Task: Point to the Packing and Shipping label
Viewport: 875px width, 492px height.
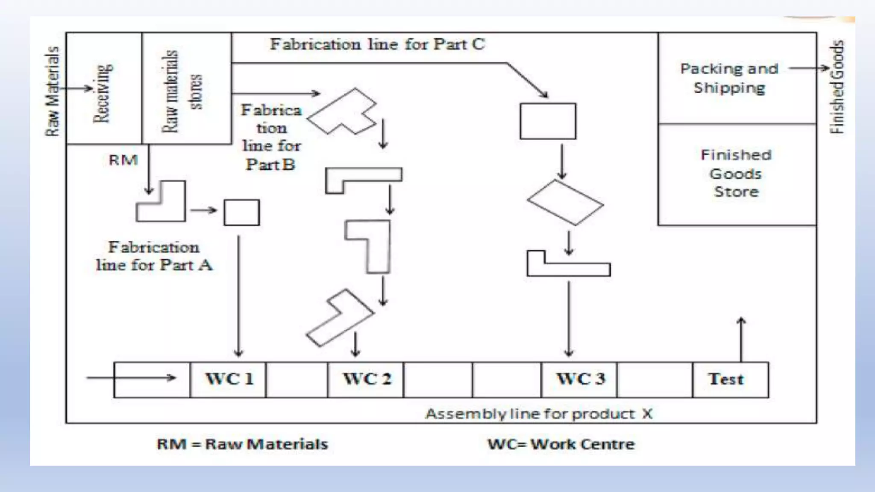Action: pos(729,78)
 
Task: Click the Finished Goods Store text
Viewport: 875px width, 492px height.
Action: pos(736,173)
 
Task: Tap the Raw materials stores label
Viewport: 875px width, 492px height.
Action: pos(182,91)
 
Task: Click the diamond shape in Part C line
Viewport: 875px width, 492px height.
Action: pos(565,202)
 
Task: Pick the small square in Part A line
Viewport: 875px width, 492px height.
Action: pos(242,212)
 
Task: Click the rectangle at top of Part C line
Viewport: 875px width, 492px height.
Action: pos(548,121)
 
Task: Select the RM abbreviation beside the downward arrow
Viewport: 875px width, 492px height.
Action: pos(123,160)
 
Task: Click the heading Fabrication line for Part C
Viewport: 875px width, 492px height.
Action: pos(377,44)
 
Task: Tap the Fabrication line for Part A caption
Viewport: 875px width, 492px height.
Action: pos(154,256)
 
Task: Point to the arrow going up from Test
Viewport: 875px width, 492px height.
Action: pos(741,340)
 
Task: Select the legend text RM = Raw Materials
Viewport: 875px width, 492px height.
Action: pos(242,444)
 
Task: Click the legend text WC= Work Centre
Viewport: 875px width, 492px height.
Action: pos(561,444)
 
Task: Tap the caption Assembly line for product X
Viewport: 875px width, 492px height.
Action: pos(539,414)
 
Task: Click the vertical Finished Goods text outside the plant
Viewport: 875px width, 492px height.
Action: pos(837,87)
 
